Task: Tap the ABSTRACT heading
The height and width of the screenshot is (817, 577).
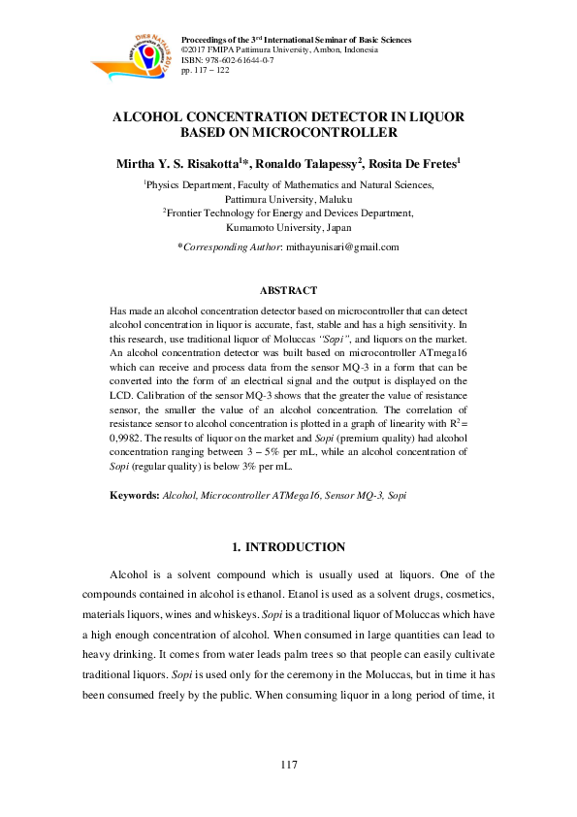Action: click(289, 289)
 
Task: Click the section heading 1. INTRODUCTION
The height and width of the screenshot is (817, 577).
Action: click(289, 548)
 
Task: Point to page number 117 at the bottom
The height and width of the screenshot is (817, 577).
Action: click(289, 766)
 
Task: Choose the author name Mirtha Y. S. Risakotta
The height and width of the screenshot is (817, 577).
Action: click(182, 163)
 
